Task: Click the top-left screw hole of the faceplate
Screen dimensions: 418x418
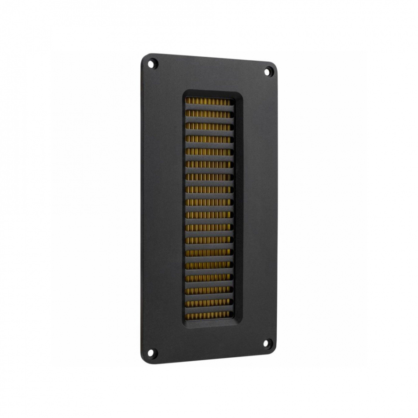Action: (152, 64)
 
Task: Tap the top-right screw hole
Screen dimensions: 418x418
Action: (268, 72)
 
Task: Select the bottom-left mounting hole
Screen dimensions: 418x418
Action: (152, 352)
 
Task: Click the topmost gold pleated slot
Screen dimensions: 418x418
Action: (208, 101)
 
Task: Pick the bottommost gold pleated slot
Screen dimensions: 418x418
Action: (208, 315)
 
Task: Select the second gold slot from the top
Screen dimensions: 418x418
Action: (208, 114)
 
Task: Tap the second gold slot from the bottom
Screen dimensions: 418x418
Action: (208, 303)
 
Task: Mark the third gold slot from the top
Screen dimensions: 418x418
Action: (208, 127)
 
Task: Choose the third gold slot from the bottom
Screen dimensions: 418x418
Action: (208, 290)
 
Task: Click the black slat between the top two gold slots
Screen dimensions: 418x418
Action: (208, 108)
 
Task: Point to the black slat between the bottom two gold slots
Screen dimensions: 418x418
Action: (208, 309)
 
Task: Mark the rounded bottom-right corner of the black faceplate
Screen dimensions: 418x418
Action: (274, 350)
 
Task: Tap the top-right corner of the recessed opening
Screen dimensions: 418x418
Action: (242, 95)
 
